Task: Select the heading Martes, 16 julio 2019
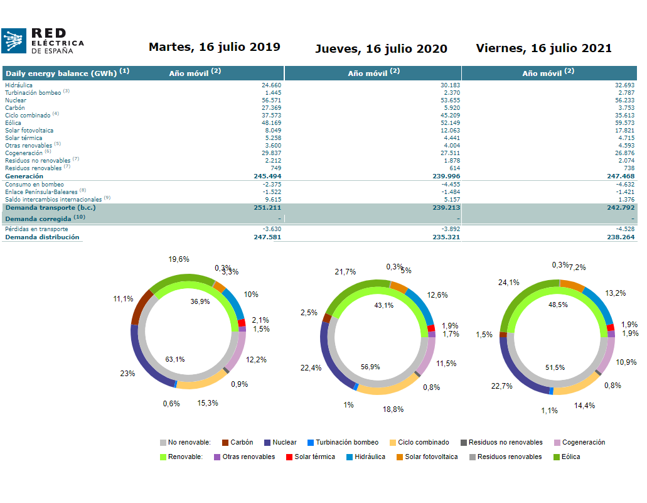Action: pos(214,47)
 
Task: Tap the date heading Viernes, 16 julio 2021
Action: pos(543,48)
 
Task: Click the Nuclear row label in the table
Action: pos(16,100)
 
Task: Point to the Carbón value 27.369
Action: pos(271,107)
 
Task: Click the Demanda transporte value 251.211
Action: pos(267,207)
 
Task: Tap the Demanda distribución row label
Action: pos(42,237)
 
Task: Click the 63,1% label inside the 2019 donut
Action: pos(175,359)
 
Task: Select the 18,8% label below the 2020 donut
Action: pos(393,409)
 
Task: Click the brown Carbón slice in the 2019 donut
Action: pos(141,307)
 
